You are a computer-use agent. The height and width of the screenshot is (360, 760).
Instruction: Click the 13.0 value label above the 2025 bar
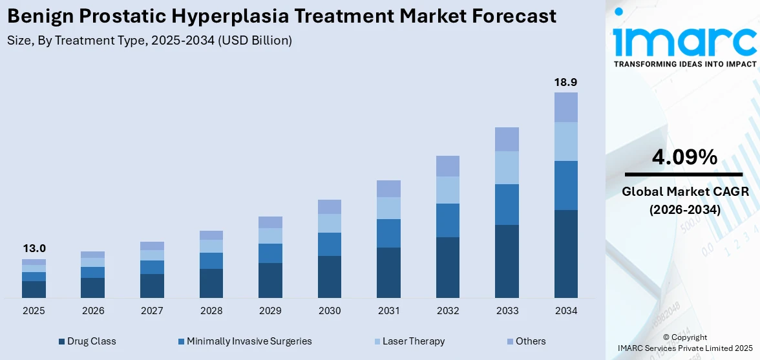pos(34,248)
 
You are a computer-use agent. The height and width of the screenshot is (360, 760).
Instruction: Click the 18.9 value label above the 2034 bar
pos(566,82)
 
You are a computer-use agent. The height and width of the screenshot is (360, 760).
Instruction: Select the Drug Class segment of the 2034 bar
pos(566,253)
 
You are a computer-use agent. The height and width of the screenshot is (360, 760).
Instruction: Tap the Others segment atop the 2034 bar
pos(566,107)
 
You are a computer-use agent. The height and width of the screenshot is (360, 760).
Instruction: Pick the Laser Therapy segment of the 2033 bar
pos(507,167)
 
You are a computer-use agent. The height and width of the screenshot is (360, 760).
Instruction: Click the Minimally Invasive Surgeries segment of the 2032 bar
pos(448,220)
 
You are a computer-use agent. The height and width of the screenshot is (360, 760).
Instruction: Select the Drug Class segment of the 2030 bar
pos(330,277)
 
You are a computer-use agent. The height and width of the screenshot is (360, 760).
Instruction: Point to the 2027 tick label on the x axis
pos(152,311)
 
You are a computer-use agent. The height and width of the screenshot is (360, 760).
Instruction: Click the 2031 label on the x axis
pos(388,311)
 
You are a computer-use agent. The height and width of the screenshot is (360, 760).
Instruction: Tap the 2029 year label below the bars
pos(270,311)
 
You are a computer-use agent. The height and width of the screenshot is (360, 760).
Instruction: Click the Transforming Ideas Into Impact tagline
pos(684,64)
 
